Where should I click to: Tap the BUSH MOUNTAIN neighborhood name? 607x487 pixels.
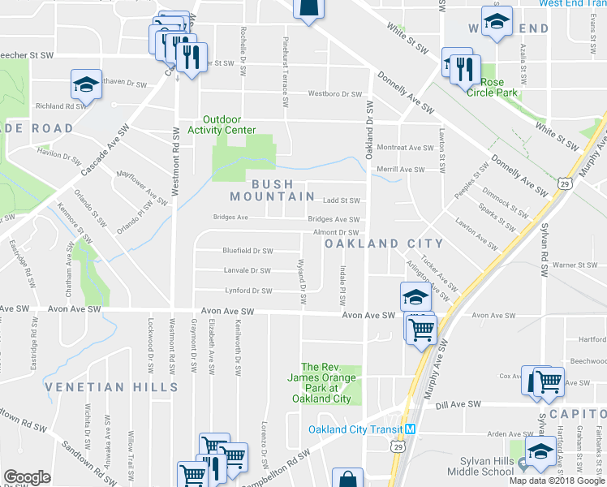click(x=272, y=191)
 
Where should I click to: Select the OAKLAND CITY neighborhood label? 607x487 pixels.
click(x=384, y=243)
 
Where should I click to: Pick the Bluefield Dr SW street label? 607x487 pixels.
click(x=248, y=251)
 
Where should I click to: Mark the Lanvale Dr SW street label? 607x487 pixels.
click(x=247, y=270)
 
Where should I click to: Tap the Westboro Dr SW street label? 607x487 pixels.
click(x=334, y=93)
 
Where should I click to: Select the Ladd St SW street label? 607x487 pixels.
click(x=341, y=200)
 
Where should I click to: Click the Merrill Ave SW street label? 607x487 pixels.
click(x=401, y=169)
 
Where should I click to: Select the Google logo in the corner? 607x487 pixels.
click(x=27, y=477)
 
